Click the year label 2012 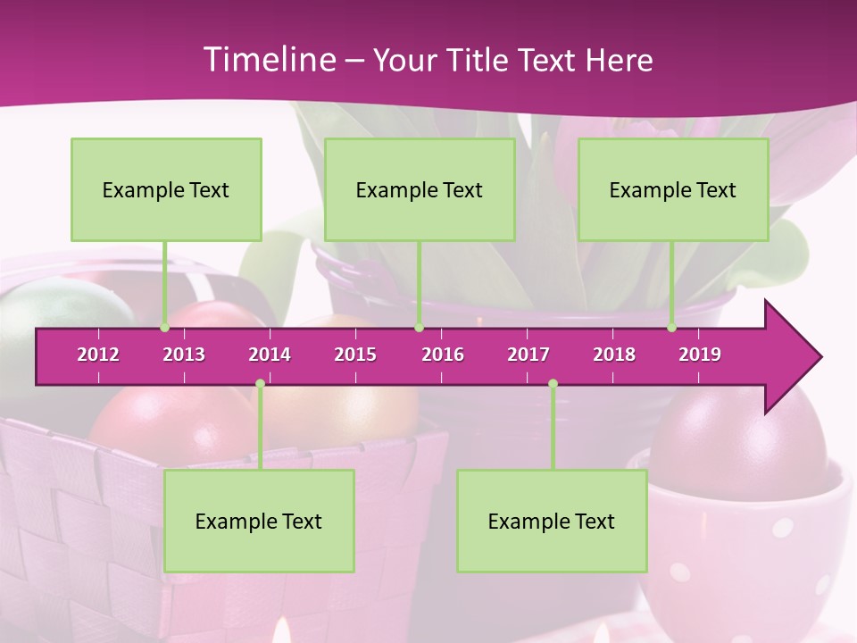[98, 355]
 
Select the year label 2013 [184, 355]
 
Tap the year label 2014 [270, 355]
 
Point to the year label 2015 [355, 355]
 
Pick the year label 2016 [443, 355]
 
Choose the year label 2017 [528, 355]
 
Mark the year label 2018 [614, 355]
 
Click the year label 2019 [700, 355]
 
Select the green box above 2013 [166, 189]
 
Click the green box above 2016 [420, 189]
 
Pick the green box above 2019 [673, 189]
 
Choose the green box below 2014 [259, 521]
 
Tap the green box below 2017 [552, 521]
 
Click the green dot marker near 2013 [164, 328]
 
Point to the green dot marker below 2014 [260, 383]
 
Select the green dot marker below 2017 [553, 383]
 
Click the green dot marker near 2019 [671, 328]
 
